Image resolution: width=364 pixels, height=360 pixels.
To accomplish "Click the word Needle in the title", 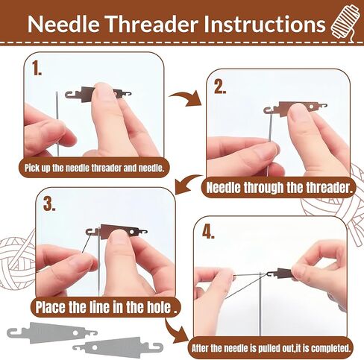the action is point(63,24).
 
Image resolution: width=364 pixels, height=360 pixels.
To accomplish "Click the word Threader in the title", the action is point(152,24).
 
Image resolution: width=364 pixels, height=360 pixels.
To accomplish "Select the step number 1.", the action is point(37,69).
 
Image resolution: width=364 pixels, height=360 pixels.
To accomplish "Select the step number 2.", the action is point(220,87).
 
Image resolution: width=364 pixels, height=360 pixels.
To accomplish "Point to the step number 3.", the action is point(49,205).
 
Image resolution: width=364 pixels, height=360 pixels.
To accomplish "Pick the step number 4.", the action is point(208,232).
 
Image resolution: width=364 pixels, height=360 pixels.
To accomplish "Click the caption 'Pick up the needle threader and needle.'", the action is point(94,168).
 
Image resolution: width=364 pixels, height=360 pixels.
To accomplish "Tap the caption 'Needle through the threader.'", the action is point(280,188).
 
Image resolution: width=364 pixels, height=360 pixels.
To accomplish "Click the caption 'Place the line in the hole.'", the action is point(107,307).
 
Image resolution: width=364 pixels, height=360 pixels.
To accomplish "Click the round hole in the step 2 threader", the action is point(311,107).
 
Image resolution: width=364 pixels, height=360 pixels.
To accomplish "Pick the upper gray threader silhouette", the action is point(51,332).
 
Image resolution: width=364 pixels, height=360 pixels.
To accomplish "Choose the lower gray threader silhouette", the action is point(118,347).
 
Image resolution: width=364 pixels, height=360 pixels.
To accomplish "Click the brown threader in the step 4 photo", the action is point(283,274).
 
